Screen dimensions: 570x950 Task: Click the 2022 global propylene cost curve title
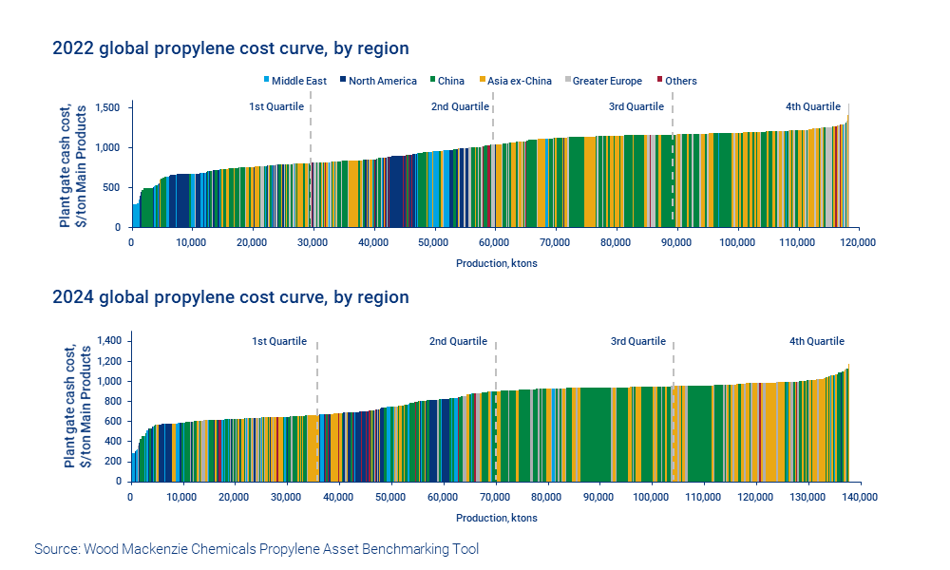pyautogui.click(x=231, y=47)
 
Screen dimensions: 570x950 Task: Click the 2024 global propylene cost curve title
pyautogui.click(x=231, y=297)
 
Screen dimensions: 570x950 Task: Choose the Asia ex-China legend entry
pyautogui.click(x=519, y=81)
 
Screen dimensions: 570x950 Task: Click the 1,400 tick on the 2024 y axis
pyautogui.click(x=106, y=340)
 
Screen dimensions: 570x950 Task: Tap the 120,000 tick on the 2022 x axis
pyautogui.click(x=858, y=243)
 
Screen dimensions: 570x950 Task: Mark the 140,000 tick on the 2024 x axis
pyautogui.click(x=860, y=497)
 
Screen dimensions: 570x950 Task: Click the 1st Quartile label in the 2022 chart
pyautogui.click(x=275, y=106)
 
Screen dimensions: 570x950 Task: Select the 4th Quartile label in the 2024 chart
pyautogui.click(x=816, y=341)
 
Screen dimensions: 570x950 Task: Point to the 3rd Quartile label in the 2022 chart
pyautogui.click(x=636, y=106)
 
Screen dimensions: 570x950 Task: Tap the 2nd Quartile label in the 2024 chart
pyautogui.click(x=458, y=341)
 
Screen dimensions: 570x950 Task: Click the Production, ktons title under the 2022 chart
pyautogui.click(x=496, y=263)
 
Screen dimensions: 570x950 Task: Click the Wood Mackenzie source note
pyautogui.click(x=256, y=549)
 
